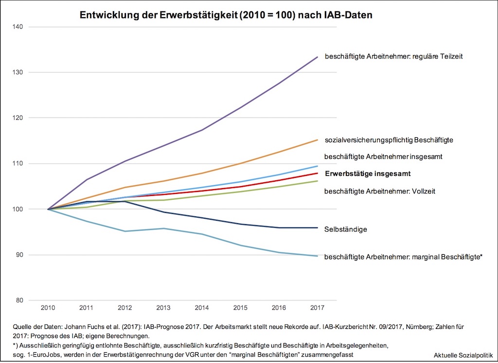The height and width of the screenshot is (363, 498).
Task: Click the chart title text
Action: point(226,15)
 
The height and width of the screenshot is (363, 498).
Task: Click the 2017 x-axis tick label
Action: point(317,308)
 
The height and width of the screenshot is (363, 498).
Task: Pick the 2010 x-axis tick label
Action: point(48,308)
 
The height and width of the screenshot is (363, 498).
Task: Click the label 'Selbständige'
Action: point(345,229)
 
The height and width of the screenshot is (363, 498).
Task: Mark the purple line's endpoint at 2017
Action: point(318,57)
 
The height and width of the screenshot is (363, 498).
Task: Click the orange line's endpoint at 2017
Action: point(318,140)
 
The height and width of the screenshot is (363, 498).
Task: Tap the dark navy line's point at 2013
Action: point(163,212)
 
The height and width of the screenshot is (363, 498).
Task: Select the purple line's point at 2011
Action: point(86,180)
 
